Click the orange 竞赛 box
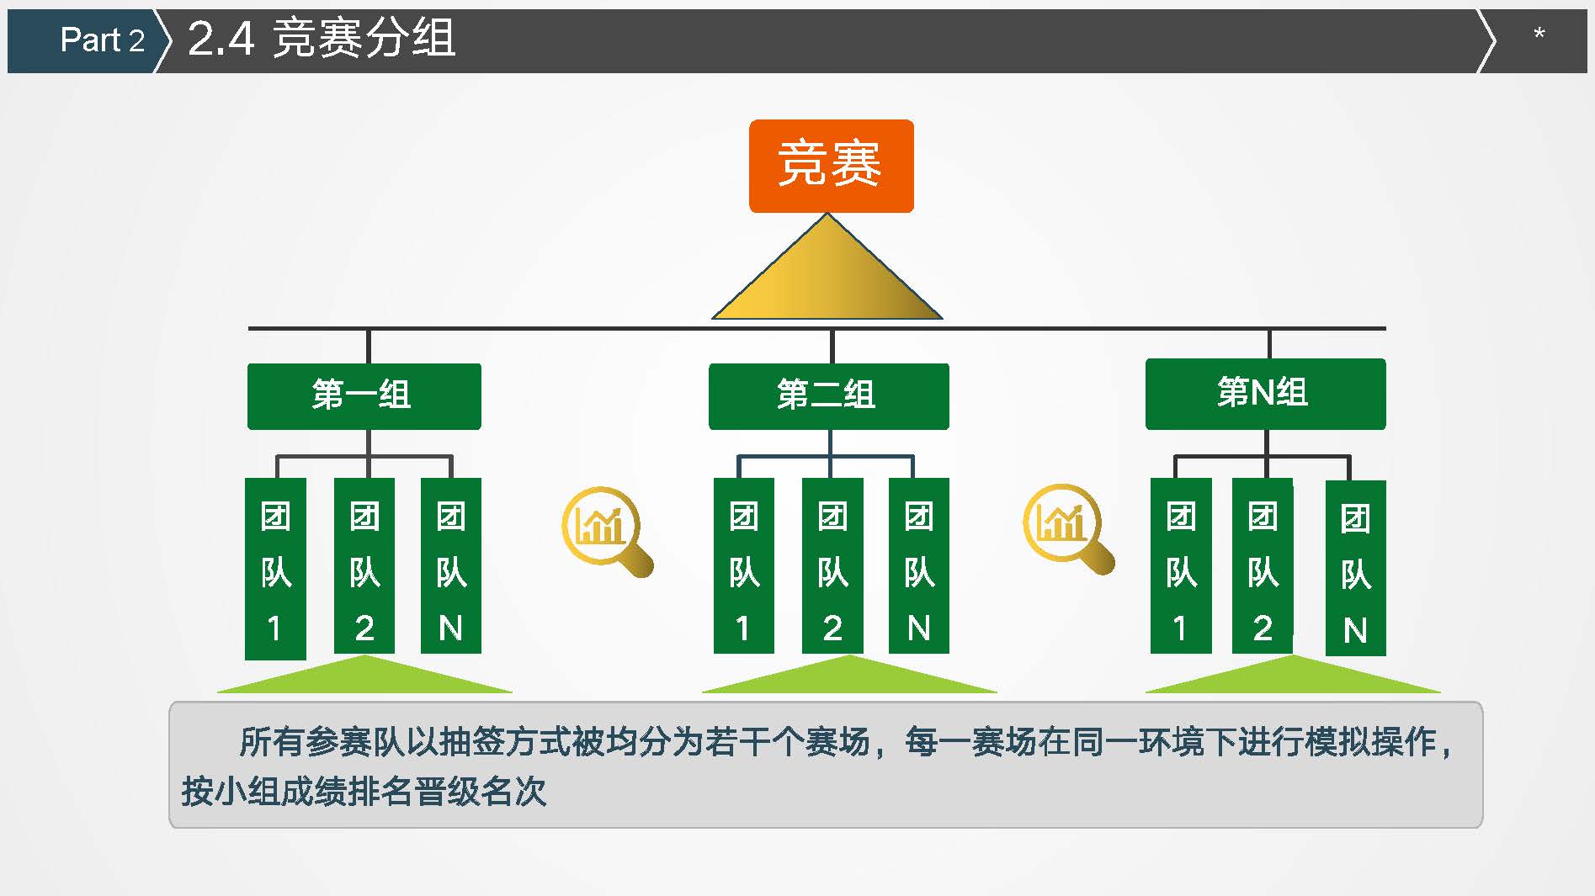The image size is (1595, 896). [831, 166]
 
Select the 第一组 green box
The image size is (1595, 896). [364, 396]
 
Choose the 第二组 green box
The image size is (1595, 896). [829, 396]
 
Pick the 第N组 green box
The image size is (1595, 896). [1265, 394]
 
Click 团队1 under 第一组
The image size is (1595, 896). [275, 569]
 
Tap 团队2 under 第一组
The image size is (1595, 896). [364, 565]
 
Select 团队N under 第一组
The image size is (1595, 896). [451, 565]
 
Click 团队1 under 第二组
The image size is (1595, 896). [744, 565]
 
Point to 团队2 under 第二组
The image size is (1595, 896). [832, 565]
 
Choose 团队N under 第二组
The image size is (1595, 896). [919, 565]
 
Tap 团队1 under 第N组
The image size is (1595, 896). [1181, 565]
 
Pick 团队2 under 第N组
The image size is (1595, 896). [1263, 565]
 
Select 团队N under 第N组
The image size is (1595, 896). [1356, 568]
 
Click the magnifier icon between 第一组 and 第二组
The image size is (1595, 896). [607, 531]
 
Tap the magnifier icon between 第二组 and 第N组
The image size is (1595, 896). [1068, 528]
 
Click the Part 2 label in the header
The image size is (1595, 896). [103, 40]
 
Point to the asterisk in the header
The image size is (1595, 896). [1539, 34]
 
